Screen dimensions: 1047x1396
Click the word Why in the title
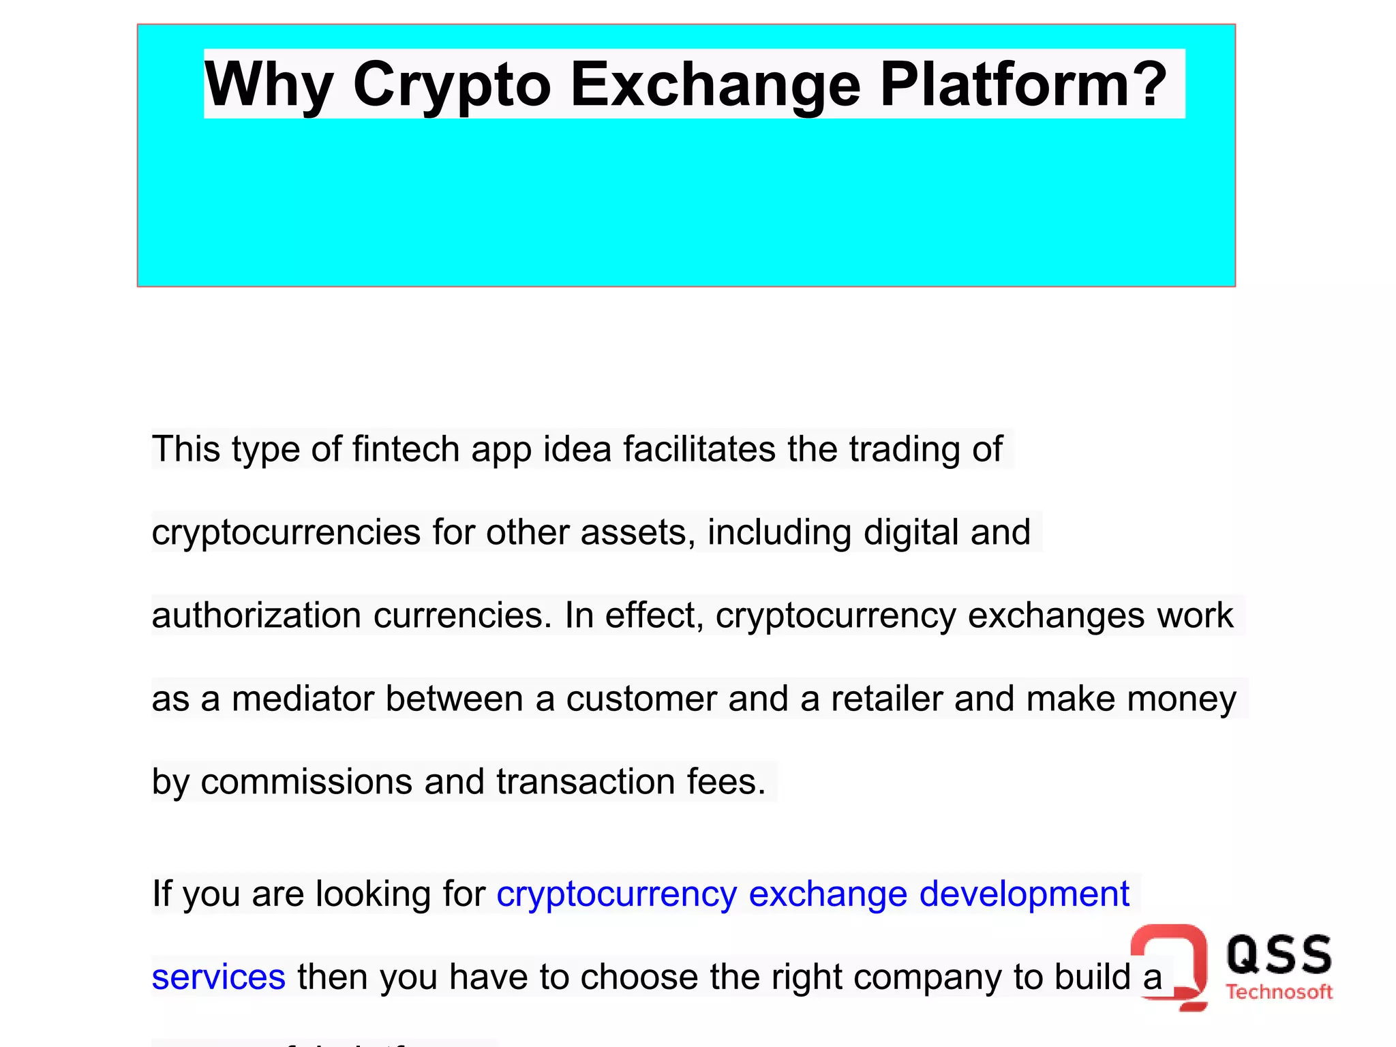pos(269,85)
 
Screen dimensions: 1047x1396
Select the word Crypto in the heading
pos(451,85)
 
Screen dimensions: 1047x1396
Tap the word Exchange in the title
pos(715,85)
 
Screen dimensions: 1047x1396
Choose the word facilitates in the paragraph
pos(699,449)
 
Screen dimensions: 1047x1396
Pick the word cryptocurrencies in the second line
pos(286,532)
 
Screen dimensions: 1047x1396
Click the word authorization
pos(256,616)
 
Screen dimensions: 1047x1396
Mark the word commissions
pos(306,782)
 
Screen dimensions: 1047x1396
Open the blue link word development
pos(1024,894)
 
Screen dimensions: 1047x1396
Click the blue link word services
pos(218,977)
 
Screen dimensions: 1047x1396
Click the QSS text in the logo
pos(1279,954)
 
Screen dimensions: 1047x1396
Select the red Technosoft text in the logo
pos(1279,992)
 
